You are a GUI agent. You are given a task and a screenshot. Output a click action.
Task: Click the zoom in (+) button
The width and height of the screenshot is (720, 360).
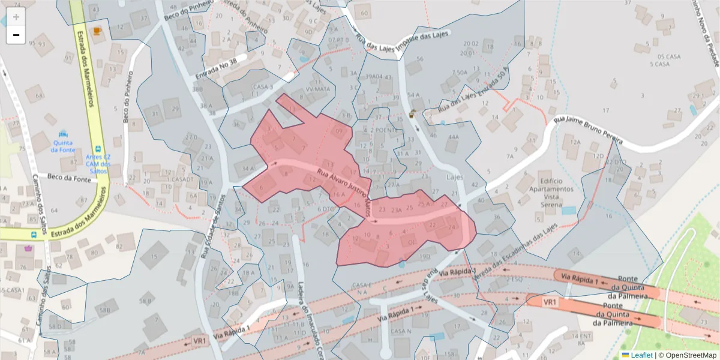tap(16, 17)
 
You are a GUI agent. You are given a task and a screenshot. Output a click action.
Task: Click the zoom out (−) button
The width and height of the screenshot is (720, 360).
tap(16, 35)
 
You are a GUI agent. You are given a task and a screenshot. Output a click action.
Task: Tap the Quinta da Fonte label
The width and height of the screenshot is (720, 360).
tap(62, 146)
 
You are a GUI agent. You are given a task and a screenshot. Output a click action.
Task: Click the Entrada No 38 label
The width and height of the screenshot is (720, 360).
tap(217, 68)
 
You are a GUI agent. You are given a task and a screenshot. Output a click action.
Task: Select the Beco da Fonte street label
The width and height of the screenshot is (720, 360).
tap(68, 177)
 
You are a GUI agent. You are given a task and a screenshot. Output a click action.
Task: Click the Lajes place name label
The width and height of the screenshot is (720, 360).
tap(455, 178)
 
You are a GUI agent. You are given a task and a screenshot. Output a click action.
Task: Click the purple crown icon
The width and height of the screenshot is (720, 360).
tap(28, 248)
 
